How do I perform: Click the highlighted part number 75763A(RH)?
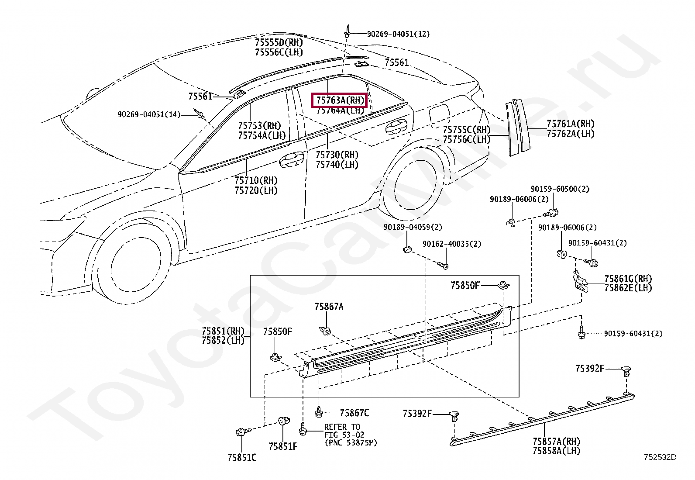[340, 100]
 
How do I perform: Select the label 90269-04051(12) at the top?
[398, 34]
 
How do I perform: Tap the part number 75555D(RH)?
[279, 43]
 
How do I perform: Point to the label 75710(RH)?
[256, 180]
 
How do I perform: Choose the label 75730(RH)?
[337, 155]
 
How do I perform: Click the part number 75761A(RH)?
[571, 124]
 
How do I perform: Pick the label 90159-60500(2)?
[560, 189]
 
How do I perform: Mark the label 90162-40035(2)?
[452, 244]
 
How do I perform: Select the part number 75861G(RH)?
[628, 278]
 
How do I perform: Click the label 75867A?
[329, 307]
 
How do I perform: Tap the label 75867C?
[354, 413]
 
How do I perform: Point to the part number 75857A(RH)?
[556, 441]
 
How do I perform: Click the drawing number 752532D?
[660, 457]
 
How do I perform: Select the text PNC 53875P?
[351, 443]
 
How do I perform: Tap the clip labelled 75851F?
[282, 421]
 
